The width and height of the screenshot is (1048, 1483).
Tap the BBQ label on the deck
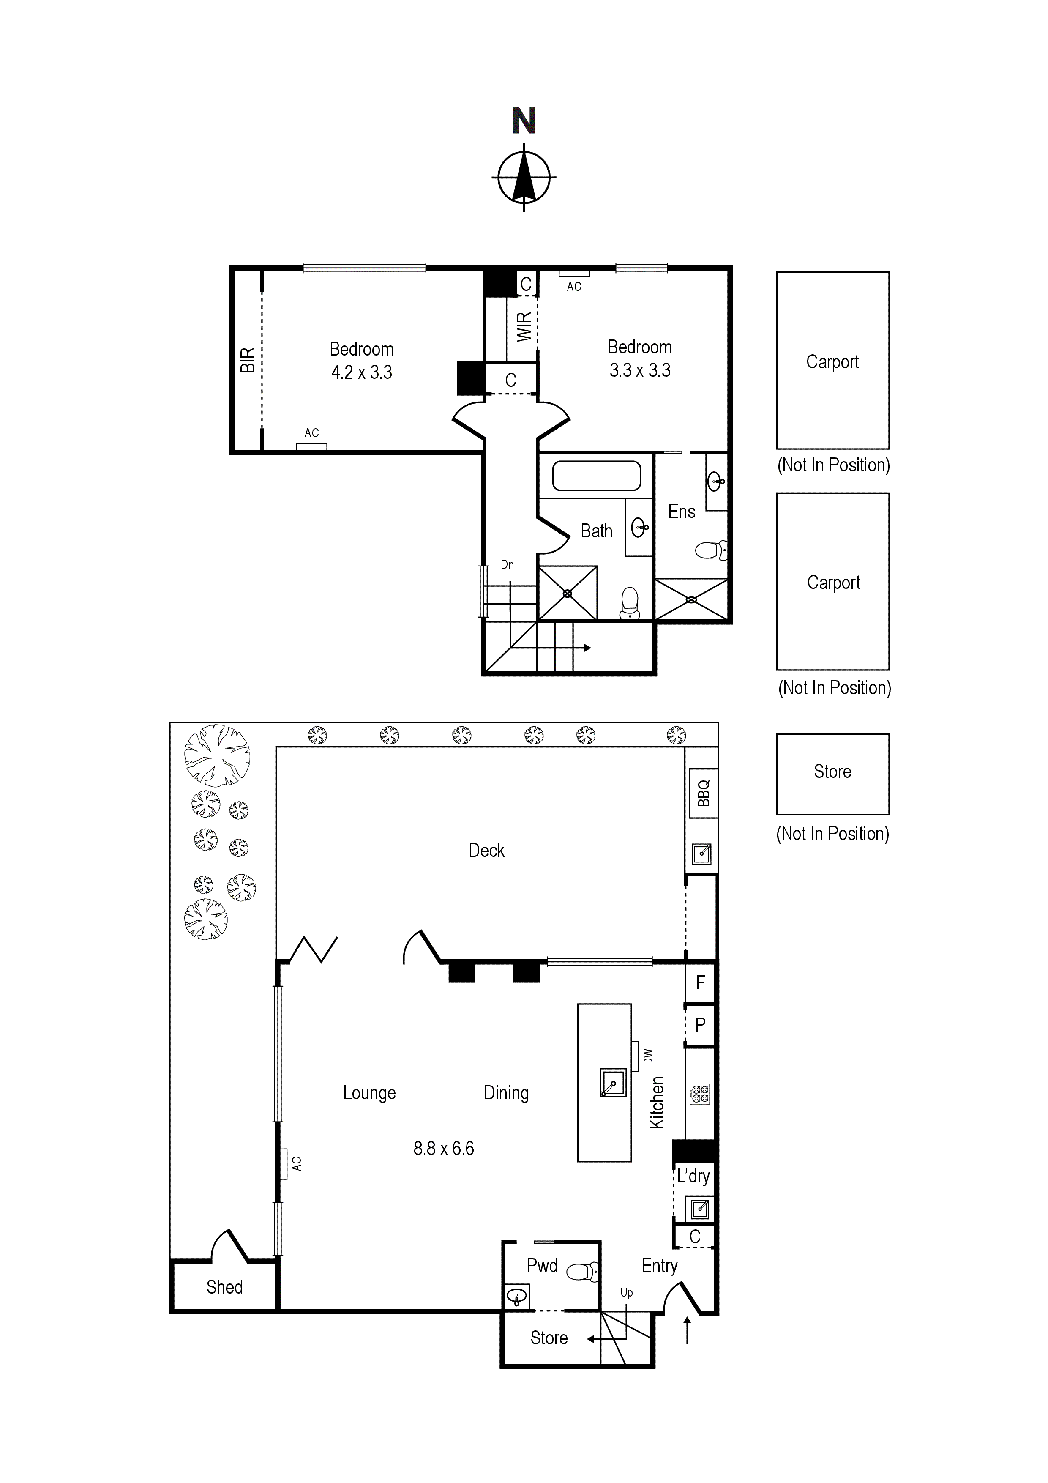point(704,793)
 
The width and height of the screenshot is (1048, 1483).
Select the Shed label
point(225,1287)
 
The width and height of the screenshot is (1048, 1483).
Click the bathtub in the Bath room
point(597,476)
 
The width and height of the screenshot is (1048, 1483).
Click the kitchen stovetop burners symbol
point(700,1094)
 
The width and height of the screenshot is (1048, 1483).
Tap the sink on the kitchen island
point(613,1083)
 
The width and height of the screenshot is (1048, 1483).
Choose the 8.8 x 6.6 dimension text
point(444,1149)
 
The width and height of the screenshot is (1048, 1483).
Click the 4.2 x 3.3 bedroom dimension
point(362,373)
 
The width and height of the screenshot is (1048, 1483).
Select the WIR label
point(524,326)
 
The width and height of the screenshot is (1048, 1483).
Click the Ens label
point(682,512)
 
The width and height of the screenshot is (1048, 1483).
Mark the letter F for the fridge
point(700,983)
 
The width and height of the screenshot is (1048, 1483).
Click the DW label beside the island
point(648,1057)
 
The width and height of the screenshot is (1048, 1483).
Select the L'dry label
point(693,1176)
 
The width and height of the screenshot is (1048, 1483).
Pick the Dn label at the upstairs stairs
point(508,564)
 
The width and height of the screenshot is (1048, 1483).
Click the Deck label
point(487,851)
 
